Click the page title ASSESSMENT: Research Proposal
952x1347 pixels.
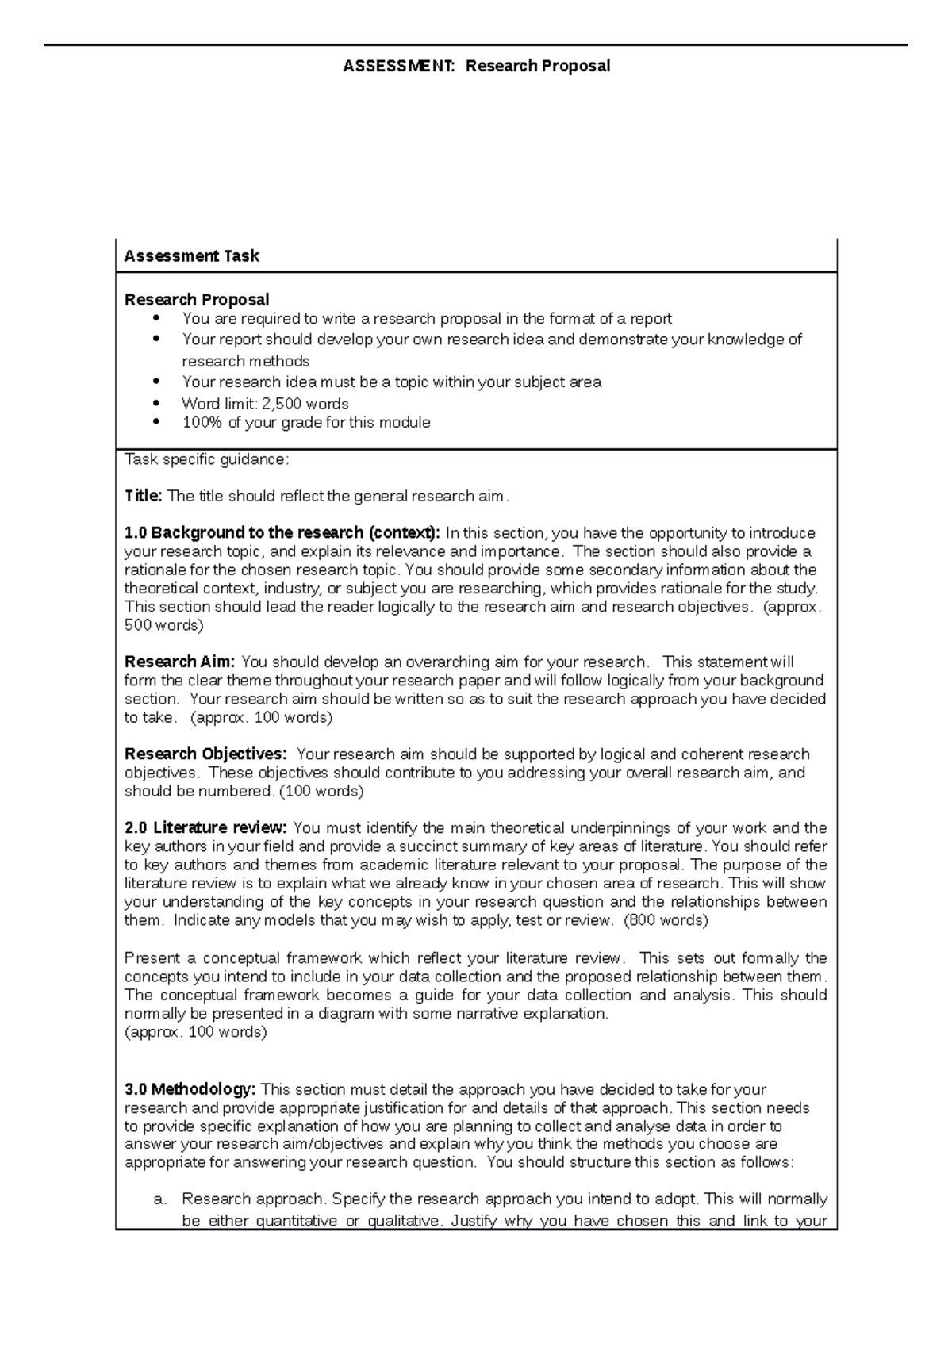tap(476, 66)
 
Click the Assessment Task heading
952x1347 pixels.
tap(191, 256)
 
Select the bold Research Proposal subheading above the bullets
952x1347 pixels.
tap(197, 300)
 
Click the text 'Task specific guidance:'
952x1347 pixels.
tap(207, 459)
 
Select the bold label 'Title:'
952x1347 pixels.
tap(143, 497)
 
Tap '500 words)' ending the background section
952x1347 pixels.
tap(163, 625)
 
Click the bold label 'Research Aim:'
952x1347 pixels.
tap(179, 662)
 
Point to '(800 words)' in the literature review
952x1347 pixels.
tap(666, 921)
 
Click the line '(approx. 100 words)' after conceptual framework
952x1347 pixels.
tap(195, 1032)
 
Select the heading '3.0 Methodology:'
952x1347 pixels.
tap(190, 1089)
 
